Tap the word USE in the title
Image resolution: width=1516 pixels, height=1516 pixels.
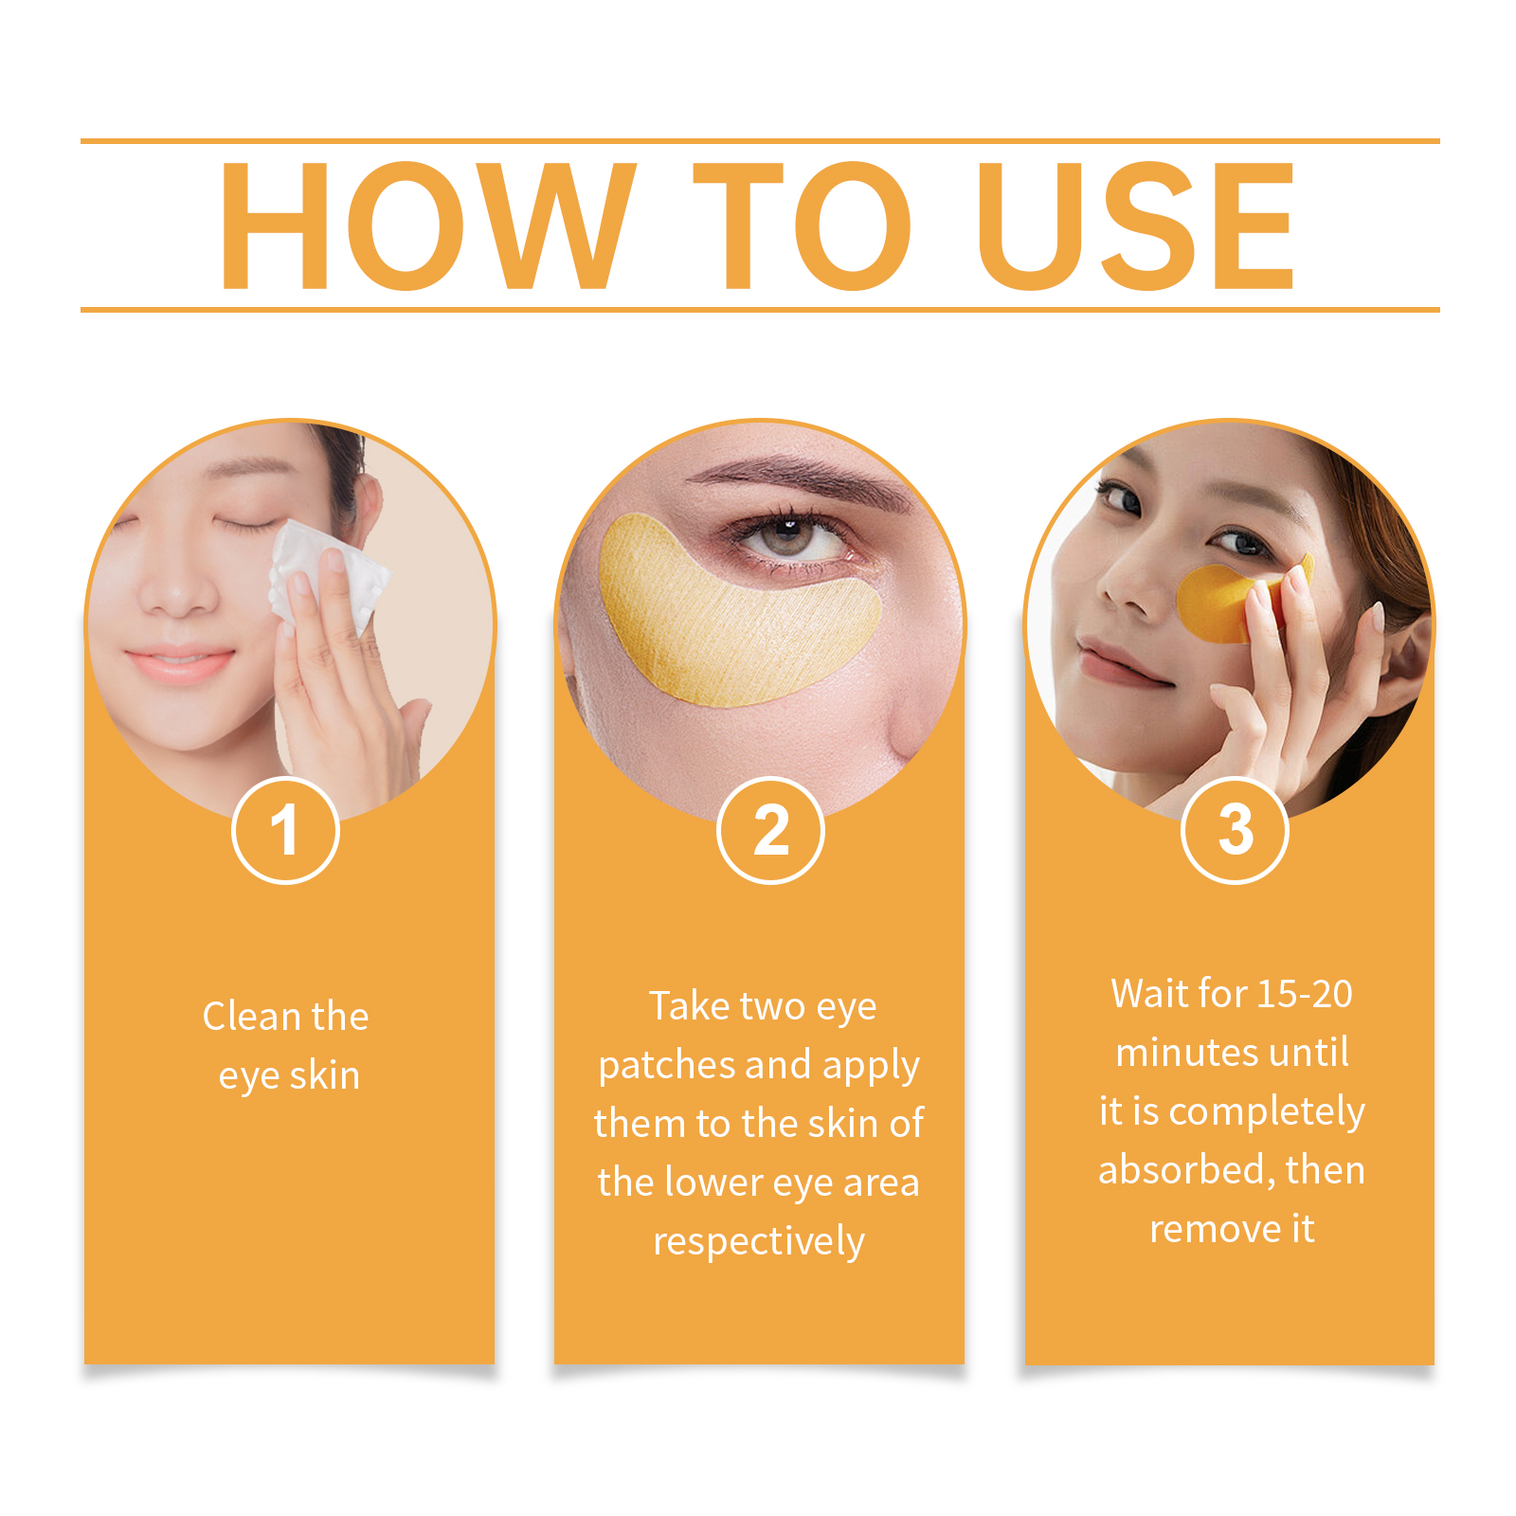click(1135, 226)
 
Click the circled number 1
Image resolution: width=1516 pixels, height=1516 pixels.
click(285, 830)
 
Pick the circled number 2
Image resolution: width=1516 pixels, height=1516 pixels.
click(770, 830)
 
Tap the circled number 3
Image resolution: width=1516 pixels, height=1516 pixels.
click(1235, 830)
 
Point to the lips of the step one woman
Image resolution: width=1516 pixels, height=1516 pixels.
click(178, 664)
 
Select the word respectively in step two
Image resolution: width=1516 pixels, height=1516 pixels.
click(759, 1242)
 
